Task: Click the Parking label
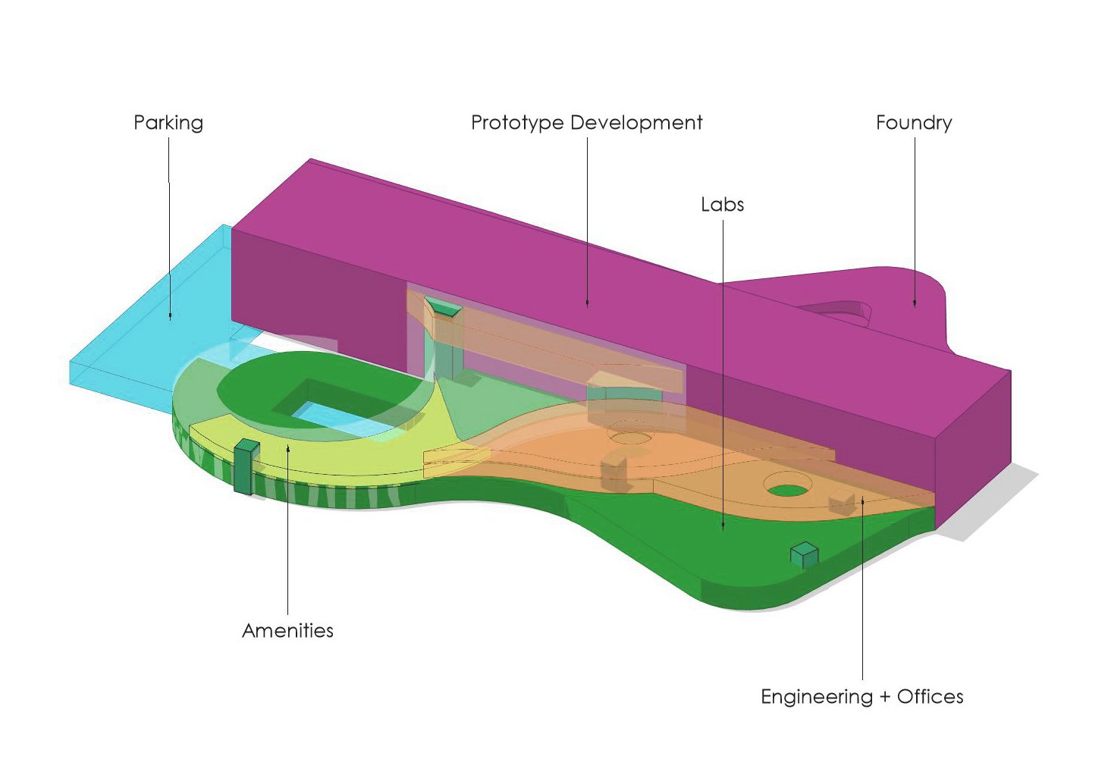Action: click(168, 123)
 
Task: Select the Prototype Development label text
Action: click(586, 123)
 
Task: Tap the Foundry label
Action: click(913, 123)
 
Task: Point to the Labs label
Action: click(722, 205)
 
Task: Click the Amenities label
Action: click(287, 630)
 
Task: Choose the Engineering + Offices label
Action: click(861, 697)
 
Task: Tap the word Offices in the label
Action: click(930, 697)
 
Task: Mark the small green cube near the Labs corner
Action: click(804, 554)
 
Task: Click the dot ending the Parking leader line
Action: click(170, 316)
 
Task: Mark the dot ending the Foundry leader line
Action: click(915, 304)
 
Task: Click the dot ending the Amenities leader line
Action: click(288, 449)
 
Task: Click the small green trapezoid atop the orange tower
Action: click(444, 307)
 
